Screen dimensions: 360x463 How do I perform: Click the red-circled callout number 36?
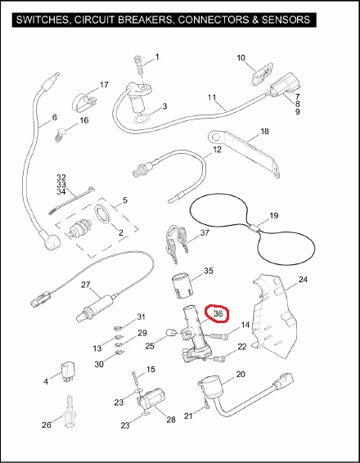click(218, 313)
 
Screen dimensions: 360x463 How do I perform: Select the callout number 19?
click(274, 216)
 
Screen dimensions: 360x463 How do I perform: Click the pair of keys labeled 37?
click(177, 243)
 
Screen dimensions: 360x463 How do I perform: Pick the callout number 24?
click(303, 279)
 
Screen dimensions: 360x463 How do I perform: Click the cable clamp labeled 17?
click(84, 102)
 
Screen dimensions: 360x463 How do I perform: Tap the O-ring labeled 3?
click(142, 119)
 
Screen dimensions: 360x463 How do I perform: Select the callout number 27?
click(86, 285)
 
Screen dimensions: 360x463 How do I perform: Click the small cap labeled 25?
click(170, 332)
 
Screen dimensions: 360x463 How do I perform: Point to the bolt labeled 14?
click(220, 335)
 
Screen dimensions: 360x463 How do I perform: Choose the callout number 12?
click(217, 150)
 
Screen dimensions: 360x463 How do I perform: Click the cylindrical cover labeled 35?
click(182, 285)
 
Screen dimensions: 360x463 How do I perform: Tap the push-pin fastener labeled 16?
click(61, 136)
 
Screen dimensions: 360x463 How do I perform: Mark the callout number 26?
click(47, 425)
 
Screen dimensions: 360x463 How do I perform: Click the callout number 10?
click(241, 57)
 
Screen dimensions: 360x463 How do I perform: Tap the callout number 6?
click(54, 118)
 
